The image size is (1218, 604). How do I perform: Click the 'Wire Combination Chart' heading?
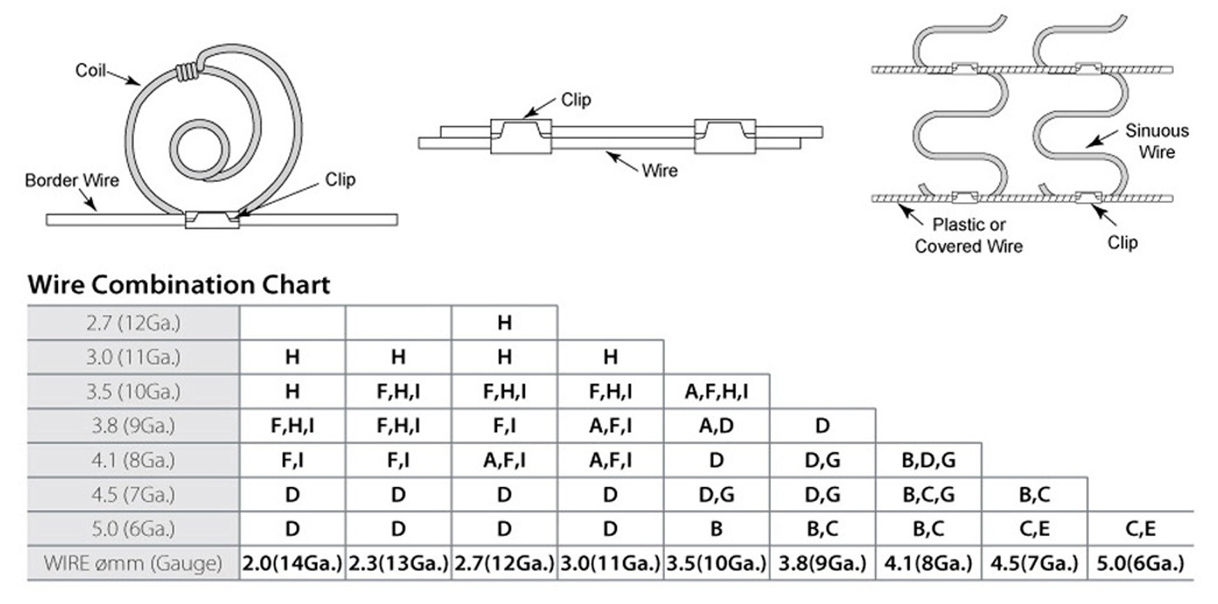click(x=178, y=284)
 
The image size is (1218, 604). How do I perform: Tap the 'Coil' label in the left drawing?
click(x=90, y=70)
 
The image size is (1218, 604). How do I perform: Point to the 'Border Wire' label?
click(x=72, y=180)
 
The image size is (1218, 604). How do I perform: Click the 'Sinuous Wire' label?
click(x=1156, y=141)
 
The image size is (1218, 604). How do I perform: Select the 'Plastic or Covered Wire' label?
click(x=968, y=235)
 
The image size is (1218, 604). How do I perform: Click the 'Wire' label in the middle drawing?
click(x=660, y=171)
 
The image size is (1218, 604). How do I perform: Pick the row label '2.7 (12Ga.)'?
click(x=133, y=323)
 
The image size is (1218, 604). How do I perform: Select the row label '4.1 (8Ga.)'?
click(x=133, y=460)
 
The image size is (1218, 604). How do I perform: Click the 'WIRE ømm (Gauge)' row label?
click(x=133, y=563)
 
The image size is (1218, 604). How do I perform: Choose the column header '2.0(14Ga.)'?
click(x=292, y=563)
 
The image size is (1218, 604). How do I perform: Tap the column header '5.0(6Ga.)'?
click(x=1140, y=563)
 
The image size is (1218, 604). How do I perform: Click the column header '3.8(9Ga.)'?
click(x=822, y=563)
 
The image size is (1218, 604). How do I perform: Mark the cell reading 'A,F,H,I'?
click(x=716, y=392)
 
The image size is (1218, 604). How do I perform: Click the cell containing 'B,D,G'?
click(x=928, y=460)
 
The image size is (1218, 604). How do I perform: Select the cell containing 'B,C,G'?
click(x=928, y=495)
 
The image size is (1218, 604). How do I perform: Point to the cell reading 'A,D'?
click(x=716, y=426)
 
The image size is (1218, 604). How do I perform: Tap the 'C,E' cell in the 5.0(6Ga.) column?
click(x=1140, y=529)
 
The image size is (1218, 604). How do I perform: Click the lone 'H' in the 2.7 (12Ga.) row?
click(x=504, y=323)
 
